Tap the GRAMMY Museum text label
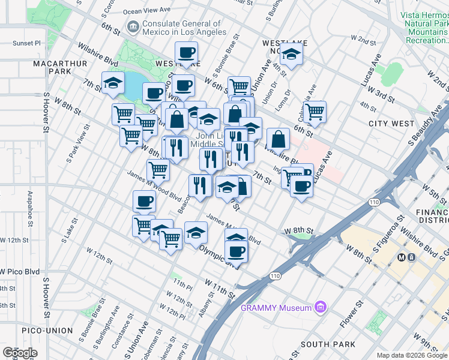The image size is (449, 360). [277, 308]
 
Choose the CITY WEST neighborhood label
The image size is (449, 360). [391, 124]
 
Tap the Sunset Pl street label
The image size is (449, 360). [27, 43]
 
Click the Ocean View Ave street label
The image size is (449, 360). [146, 11]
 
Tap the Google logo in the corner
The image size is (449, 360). [20, 352]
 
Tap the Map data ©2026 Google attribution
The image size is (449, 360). [411, 355]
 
